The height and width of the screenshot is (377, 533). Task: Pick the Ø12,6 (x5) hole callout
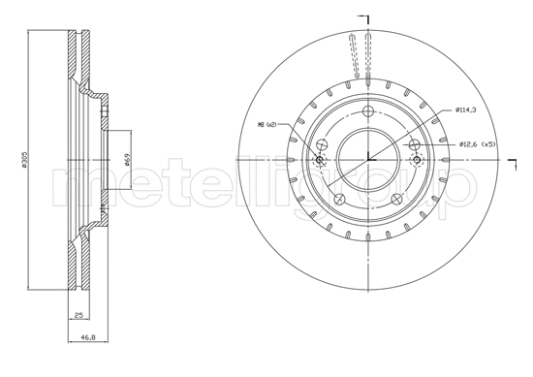477,145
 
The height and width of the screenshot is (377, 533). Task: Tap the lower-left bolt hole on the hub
338,200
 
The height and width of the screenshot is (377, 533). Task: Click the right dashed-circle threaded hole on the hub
416,146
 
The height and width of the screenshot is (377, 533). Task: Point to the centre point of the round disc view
368,159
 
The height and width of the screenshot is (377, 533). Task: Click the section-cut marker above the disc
365,18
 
